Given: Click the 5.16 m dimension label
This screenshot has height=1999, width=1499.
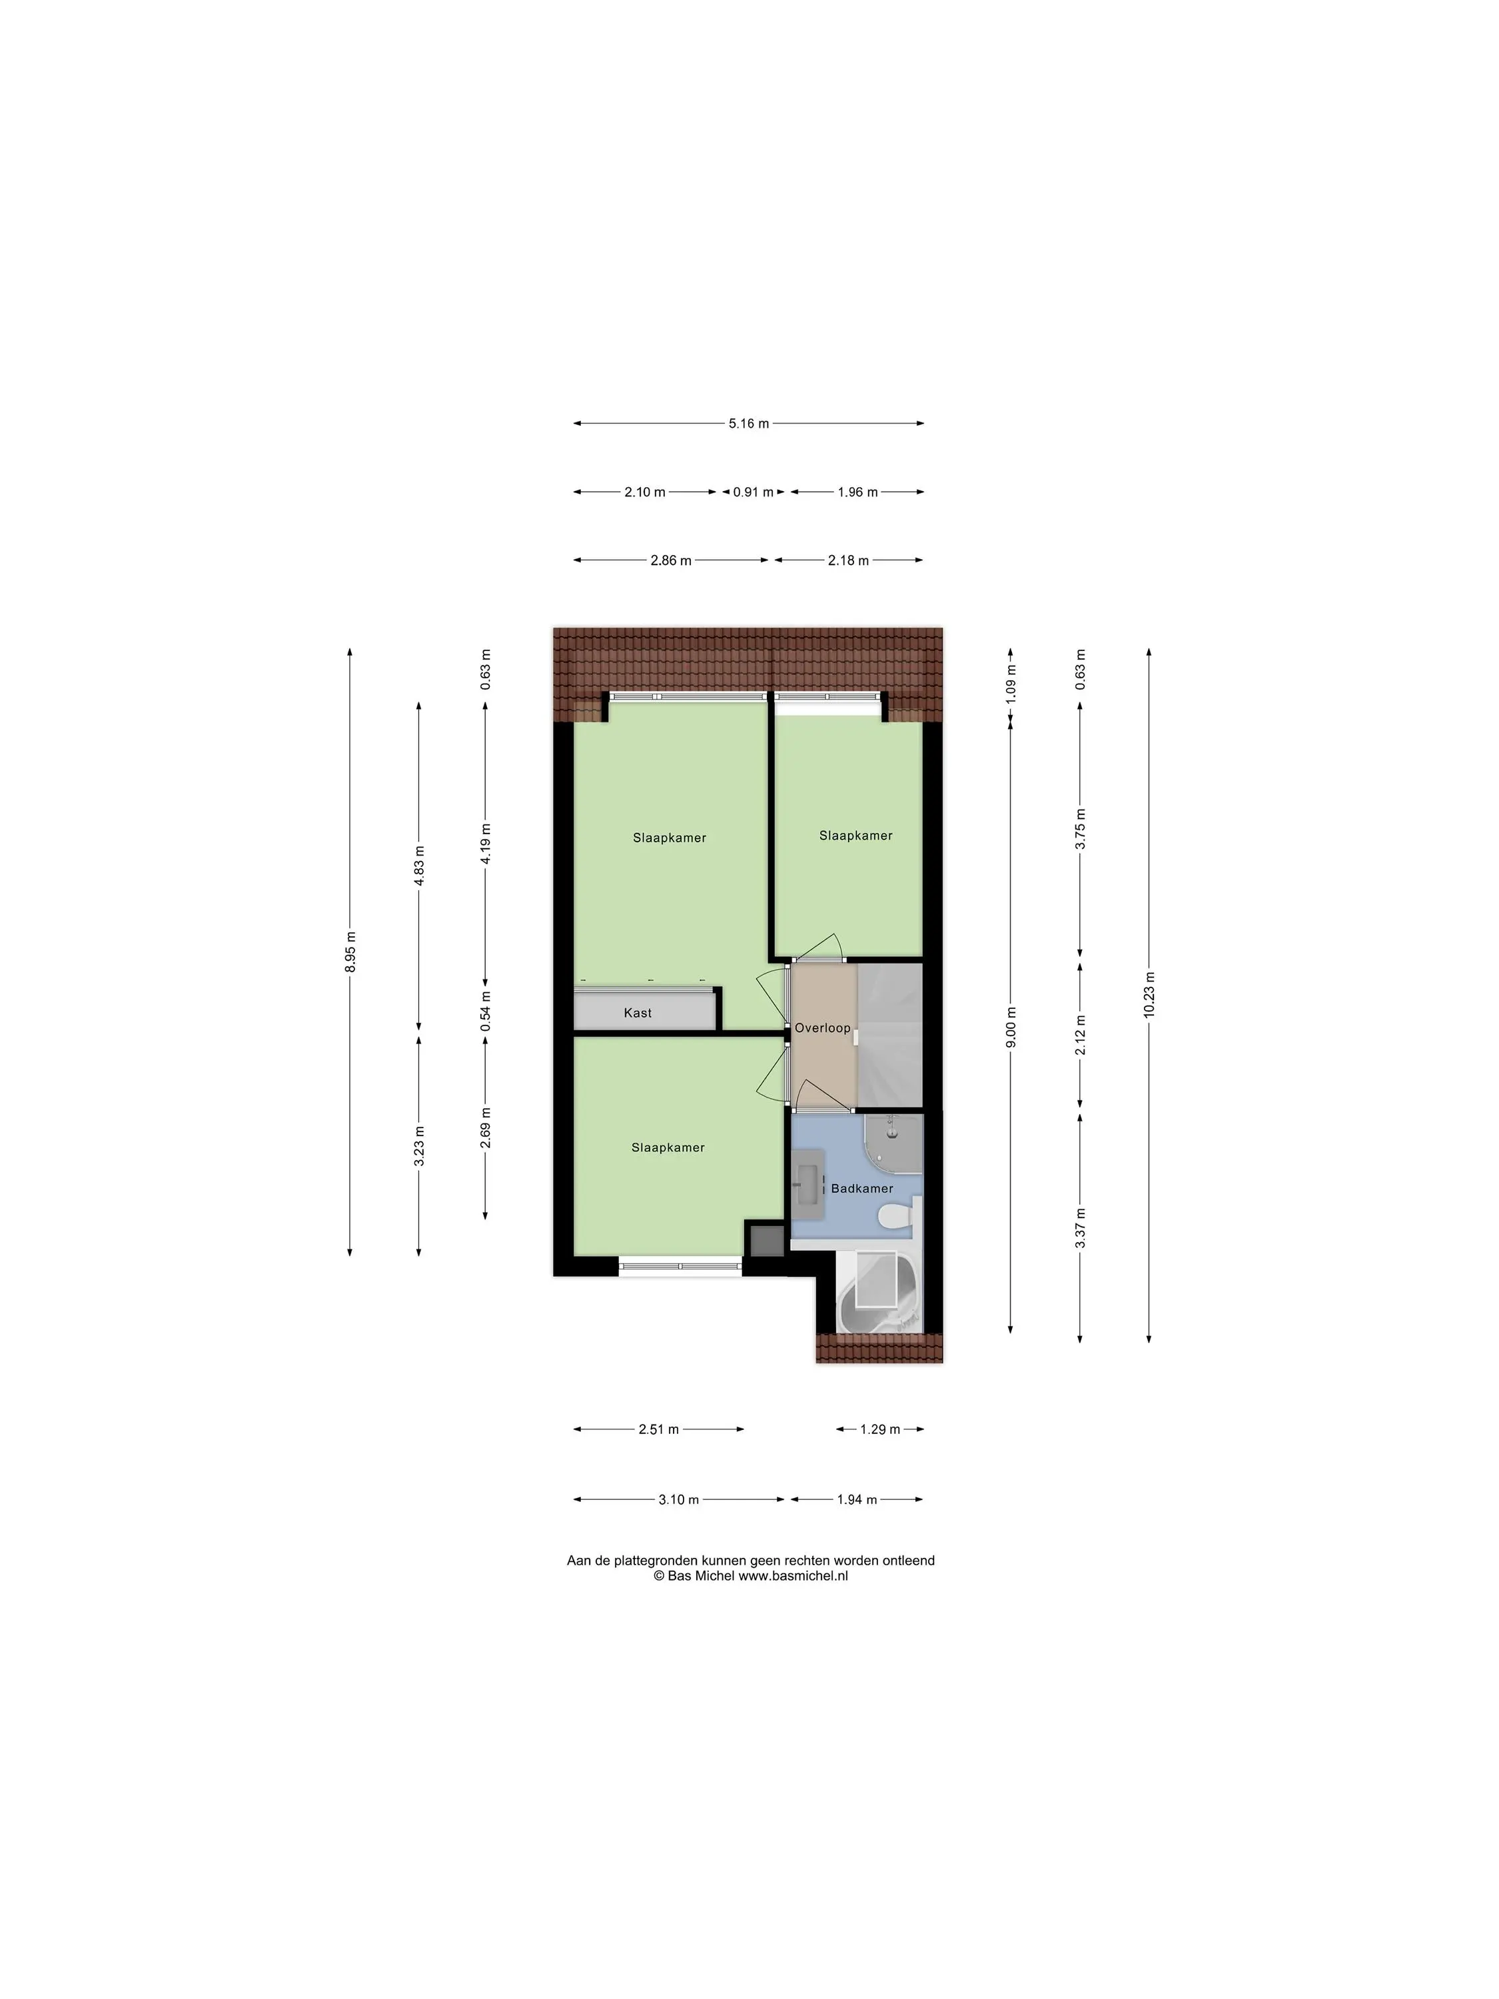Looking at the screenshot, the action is (x=748, y=423).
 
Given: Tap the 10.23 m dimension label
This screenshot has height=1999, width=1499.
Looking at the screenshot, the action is (x=1149, y=995).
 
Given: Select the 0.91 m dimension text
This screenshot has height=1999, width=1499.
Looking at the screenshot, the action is (x=753, y=492).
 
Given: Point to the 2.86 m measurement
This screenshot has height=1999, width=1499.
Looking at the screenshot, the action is (x=670, y=560).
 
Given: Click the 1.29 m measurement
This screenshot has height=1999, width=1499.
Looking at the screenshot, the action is (x=879, y=1430).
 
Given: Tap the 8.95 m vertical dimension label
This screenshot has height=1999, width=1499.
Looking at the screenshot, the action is (x=350, y=952).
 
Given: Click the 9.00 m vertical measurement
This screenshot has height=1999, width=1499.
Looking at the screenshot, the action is (x=1011, y=1027).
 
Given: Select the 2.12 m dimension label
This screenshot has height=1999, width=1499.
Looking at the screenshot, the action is (x=1081, y=1035).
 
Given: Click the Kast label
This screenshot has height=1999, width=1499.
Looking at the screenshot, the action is (x=638, y=1013).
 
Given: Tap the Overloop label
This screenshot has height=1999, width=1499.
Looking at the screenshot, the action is (x=822, y=1028).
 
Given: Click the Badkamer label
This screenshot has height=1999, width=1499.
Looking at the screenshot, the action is (x=862, y=1188).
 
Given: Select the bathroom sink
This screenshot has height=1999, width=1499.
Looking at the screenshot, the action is (x=806, y=1181).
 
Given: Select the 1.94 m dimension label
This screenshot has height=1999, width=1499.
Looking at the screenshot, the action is (x=857, y=1499).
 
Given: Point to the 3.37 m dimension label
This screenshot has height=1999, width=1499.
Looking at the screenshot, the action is (x=1081, y=1228).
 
